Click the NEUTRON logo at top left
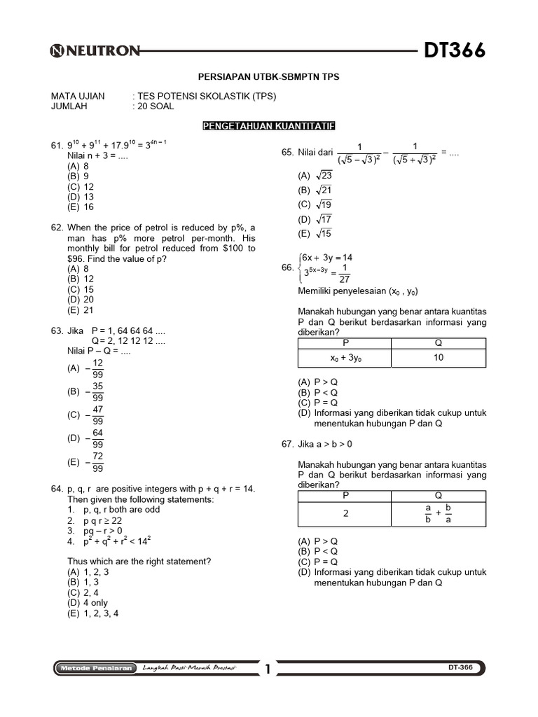click(95, 50)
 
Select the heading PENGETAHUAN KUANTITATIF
click(269, 126)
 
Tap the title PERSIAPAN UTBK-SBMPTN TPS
click(269, 77)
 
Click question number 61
click(57, 146)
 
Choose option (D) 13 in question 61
click(81, 197)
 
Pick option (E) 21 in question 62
click(81, 310)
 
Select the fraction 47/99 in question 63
click(97, 415)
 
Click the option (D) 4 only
click(88, 602)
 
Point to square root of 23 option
click(323, 176)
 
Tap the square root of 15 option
click(323, 234)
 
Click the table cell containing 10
click(439, 357)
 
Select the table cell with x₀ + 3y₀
click(345, 357)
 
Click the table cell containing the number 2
click(345, 513)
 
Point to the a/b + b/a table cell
click(439, 513)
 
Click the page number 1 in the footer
click(267, 669)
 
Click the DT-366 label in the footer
click(460, 668)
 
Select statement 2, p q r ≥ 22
click(95, 521)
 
